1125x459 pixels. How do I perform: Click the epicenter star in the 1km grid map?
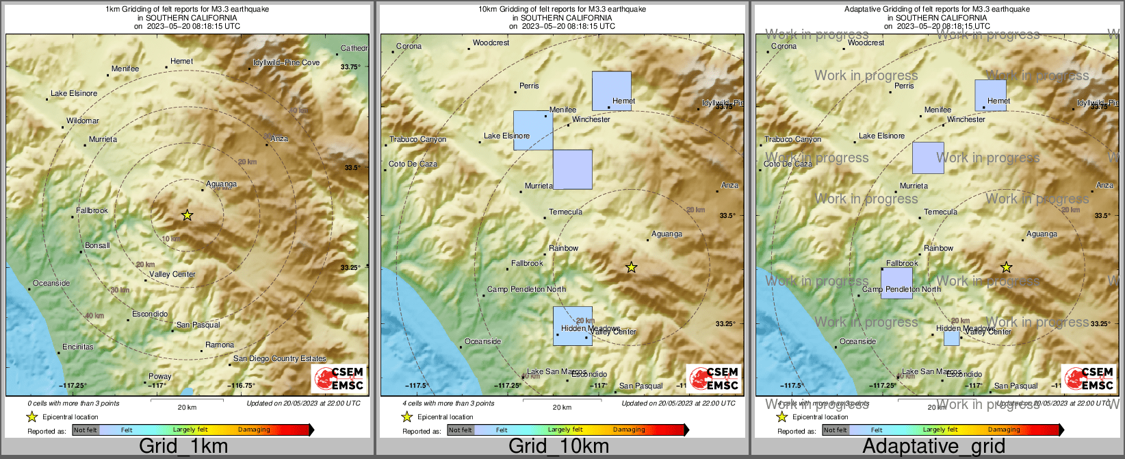187,216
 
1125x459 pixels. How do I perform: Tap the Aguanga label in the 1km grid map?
221,184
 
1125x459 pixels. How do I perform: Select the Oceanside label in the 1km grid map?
51,283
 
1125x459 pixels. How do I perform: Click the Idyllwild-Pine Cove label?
286,62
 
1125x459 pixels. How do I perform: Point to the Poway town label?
160,376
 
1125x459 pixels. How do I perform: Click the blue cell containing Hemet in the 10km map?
611,90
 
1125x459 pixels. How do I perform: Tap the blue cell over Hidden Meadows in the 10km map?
573,325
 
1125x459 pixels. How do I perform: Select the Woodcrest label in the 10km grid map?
491,43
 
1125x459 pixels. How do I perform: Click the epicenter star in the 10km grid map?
631,268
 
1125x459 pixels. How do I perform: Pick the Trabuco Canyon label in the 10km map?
417,140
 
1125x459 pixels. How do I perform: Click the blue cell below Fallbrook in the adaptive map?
896,283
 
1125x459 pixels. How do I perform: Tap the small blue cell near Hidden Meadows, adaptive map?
951,338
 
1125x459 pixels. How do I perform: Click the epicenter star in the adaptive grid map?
1006,268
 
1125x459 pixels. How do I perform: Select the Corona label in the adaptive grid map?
784,47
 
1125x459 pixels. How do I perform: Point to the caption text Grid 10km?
558,447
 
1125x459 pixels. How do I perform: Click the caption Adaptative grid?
933,447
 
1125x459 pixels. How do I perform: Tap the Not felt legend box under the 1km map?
86,430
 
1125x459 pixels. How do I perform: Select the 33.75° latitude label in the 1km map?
350,67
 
